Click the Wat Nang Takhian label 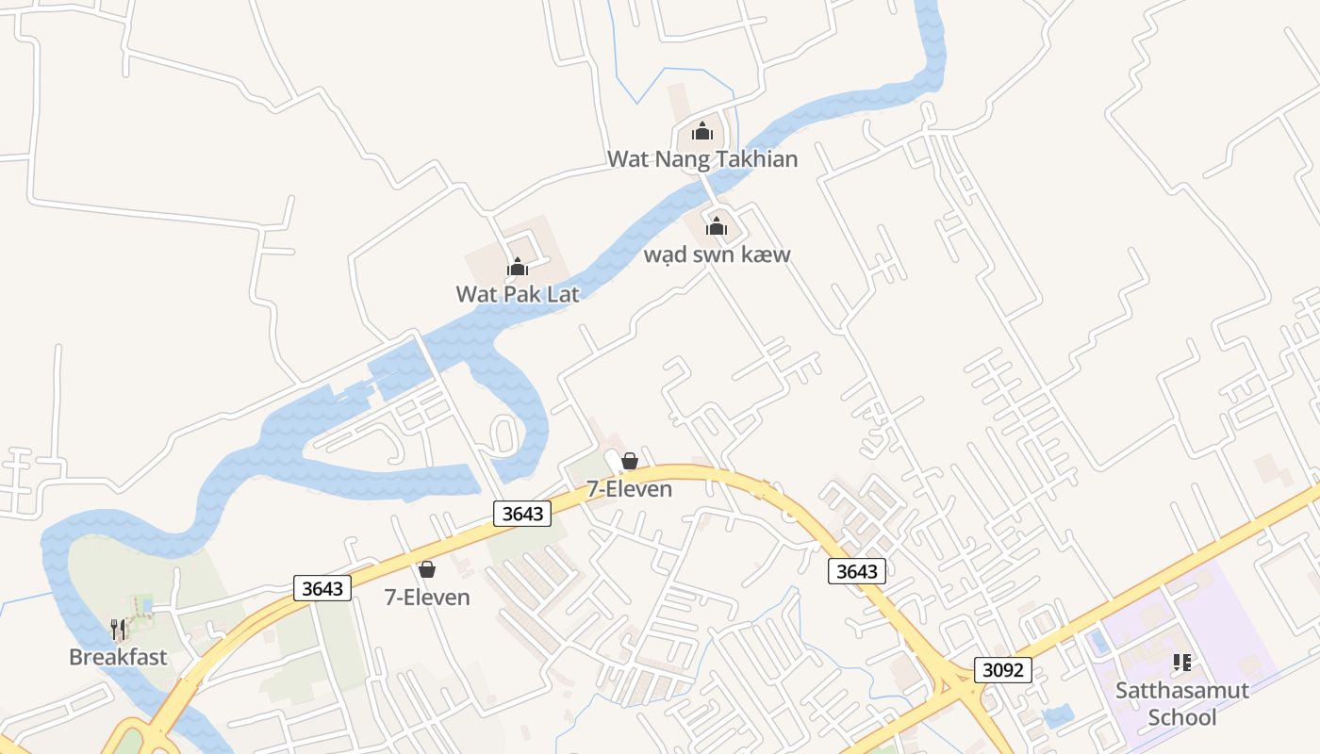click(x=702, y=158)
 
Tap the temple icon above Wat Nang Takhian click(x=701, y=131)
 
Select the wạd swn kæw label click(x=717, y=254)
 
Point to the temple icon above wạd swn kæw click(x=717, y=226)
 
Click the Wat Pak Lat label click(x=518, y=294)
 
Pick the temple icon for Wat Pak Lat click(x=517, y=267)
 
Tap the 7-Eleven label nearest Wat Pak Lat click(x=630, y=489)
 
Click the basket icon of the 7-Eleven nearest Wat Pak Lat click(x=630, y=462)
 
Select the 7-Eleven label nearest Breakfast click(x=427, y=597)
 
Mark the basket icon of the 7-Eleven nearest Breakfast click(x=427, y=569)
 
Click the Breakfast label click(x=118, y=657)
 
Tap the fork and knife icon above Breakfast click(x=118, y=630)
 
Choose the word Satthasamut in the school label click(x=1182, y=690)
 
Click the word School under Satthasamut click(x=1182, y=717)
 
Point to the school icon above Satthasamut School click(x=1182, y=663)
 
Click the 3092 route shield click(x=1003, y=670)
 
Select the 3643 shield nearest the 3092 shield click(x=857, y=570)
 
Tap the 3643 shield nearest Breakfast click(x=322, y=588)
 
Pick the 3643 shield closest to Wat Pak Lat click(x=522, y=513)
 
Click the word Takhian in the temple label click(x=753, y=158)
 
